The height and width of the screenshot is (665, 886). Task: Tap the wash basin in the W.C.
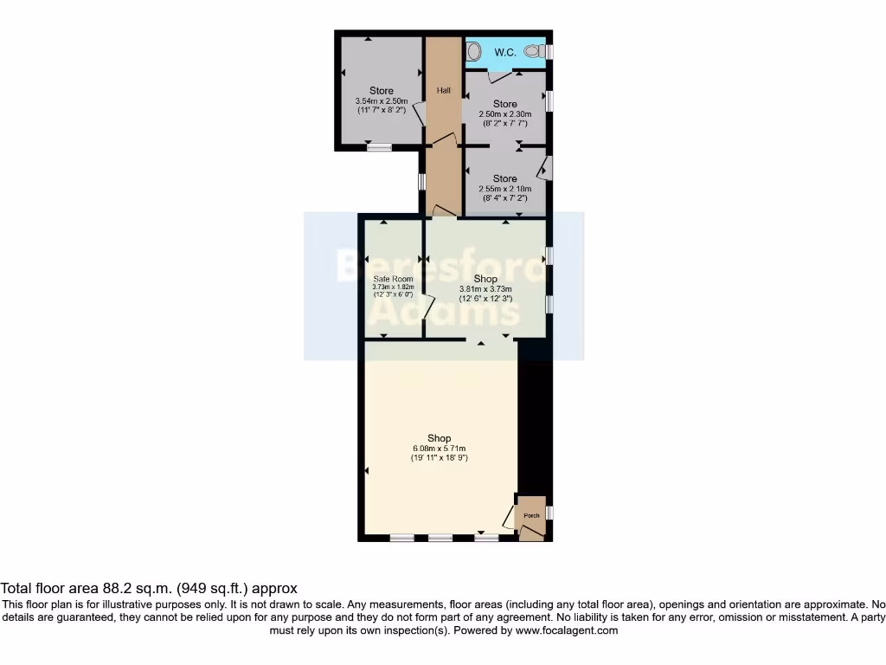(472, 53)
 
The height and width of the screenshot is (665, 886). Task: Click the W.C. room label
(505, 53)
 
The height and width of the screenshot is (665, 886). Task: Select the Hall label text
(443, 91)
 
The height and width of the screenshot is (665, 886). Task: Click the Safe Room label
(393, 279)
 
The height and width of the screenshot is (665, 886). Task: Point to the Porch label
(531, 516)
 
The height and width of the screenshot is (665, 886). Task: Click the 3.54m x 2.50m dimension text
(381, 101)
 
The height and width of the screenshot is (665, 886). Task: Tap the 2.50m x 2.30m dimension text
(506, 114)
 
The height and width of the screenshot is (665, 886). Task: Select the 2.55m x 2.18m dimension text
(506, 189)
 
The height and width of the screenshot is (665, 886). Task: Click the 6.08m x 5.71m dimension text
(440, 448)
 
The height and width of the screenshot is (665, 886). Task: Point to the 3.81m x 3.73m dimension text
(485, 289)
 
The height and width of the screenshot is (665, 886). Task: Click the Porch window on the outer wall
(549, 513)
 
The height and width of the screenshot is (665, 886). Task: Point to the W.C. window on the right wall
(549, 52)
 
